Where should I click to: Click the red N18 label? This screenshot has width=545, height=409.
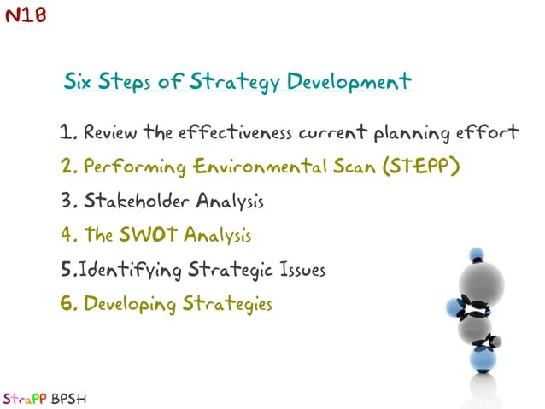pos(25,15)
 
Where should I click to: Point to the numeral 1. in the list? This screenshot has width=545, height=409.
pos(69,132)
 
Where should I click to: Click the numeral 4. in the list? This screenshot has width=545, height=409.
pos(69,235)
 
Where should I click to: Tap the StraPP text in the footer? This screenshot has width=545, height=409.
pos(22,398)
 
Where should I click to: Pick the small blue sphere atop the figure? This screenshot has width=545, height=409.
pos(476,254)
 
